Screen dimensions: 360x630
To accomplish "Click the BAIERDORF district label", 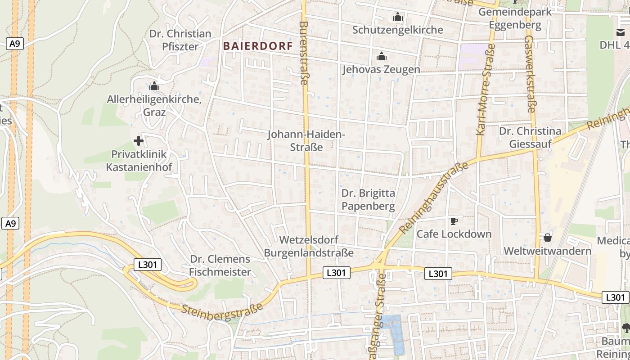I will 258,46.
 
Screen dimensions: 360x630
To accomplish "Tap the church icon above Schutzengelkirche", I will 397,18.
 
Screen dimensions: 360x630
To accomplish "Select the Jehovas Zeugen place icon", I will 382,57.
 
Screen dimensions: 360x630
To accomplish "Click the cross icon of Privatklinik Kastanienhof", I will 139,141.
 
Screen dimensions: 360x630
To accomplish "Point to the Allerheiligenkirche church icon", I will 154,86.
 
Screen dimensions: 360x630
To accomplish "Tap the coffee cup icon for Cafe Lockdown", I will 454,221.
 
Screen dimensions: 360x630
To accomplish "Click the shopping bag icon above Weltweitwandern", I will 548,237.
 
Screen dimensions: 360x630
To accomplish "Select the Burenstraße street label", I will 304,53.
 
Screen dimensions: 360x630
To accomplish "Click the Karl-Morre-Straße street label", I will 486,93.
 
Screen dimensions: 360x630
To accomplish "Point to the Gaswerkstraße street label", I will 530,74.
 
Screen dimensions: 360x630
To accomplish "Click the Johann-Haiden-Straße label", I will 306,140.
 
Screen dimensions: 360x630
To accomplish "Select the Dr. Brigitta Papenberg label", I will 368,200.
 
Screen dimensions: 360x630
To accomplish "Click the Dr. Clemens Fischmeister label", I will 220,265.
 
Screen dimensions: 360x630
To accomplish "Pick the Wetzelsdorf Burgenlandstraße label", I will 309,246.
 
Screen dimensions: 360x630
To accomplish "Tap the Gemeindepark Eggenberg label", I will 515,18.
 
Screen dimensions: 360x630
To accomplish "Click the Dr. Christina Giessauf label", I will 531,137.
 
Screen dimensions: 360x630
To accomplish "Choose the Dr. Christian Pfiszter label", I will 180,40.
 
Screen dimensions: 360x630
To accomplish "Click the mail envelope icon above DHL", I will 621,32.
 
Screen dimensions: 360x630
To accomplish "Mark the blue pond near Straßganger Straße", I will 395,333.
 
